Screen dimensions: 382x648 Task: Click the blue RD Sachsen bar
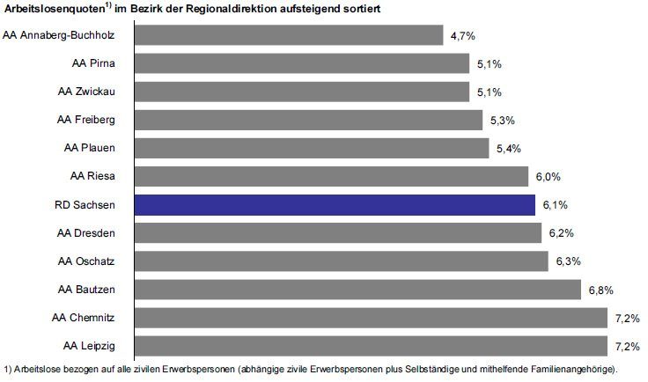point(335,204)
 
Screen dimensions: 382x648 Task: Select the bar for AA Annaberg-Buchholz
point(289,35)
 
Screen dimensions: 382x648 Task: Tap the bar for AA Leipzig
point(371,345)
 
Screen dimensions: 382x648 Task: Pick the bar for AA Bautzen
point(357,289)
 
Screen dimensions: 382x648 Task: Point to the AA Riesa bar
point(331,176)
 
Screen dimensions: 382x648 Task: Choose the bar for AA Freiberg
point(308,120)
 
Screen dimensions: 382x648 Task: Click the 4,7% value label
point(462,36)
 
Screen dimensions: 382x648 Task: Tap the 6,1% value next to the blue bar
point(554,205)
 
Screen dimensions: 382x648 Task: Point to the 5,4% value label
point(508,149)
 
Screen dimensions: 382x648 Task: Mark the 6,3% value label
point(567,261)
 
